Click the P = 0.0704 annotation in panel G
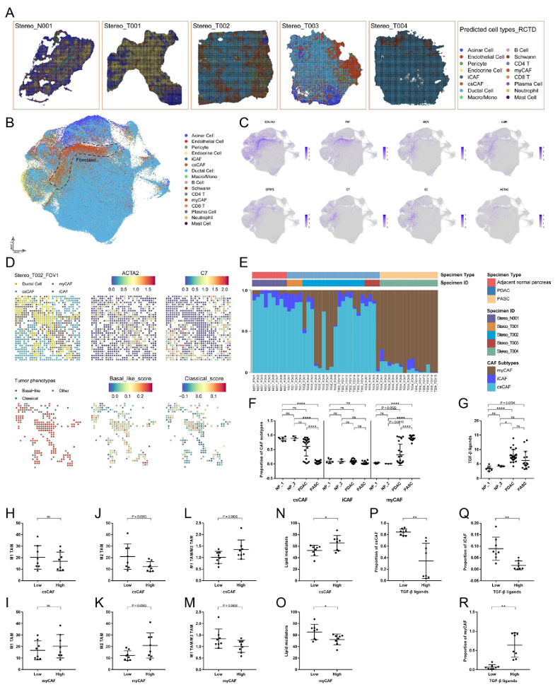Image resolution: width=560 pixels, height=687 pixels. point(513,402)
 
